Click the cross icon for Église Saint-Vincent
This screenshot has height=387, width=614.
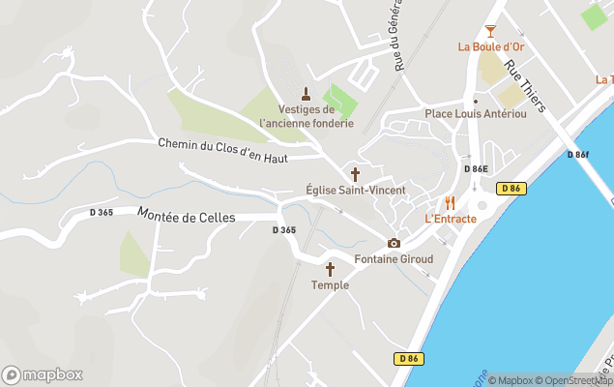[x=355, y=174]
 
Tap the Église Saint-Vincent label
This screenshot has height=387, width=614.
[x=355, y=190]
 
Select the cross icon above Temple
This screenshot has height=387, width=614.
[x=330, y=269]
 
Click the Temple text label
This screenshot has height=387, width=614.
[x=330, y=284]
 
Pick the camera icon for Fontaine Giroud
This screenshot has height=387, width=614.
[x=394, y=243]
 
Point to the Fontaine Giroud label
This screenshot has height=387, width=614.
[x=394, y=259]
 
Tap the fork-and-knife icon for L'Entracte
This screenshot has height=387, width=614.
[x=450, y=203]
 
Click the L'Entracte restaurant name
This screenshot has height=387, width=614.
[x=451, y=219]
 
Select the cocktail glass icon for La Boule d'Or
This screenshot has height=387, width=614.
[x=491, y=31]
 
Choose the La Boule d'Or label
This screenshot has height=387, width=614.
[x=492, y=46]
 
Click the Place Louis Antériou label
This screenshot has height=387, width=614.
[x=476, y=114]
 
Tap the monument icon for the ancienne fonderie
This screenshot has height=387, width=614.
[x=307, y=94]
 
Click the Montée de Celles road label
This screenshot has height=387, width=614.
[x=187, y=216]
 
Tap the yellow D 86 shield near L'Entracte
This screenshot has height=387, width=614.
[x=512, y=189]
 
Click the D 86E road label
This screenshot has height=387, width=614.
[x=476, y=169]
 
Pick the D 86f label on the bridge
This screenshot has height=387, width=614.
[x=578, y=155]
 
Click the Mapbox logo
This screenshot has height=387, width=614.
[x=43, y=374]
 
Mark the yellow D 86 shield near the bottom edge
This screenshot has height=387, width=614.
[x=408, y=358]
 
